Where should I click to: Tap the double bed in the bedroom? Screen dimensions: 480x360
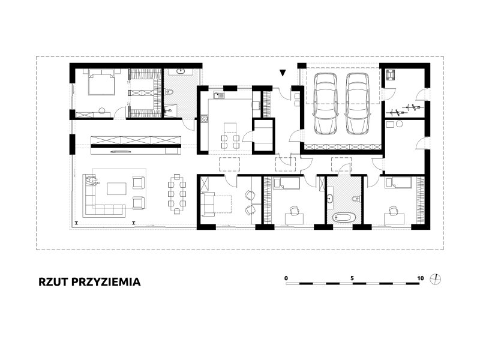coord(101,82)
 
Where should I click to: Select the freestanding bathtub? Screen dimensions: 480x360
coord(344,218)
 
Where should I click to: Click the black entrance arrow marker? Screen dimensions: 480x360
coord(283,73)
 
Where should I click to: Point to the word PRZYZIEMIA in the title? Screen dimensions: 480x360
coord(106,282)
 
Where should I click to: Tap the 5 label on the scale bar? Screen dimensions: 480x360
coord(352,278)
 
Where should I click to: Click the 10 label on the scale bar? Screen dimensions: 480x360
coord(421,278)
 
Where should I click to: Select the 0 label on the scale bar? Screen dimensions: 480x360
coord(286,278)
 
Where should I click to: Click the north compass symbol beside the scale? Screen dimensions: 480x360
coord(436,279)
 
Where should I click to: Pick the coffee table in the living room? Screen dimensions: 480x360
coord(116,188)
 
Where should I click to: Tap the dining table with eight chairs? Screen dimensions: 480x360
coord(177,194)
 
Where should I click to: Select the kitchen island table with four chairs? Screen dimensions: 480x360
coord(230,136)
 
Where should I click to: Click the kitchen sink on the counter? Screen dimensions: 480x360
coord(219,95)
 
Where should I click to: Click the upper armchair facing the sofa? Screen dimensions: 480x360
coord(139,182)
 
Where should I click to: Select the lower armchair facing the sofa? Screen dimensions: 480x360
coord(139,203)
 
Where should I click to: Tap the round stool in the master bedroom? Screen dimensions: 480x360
coord(102,110)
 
